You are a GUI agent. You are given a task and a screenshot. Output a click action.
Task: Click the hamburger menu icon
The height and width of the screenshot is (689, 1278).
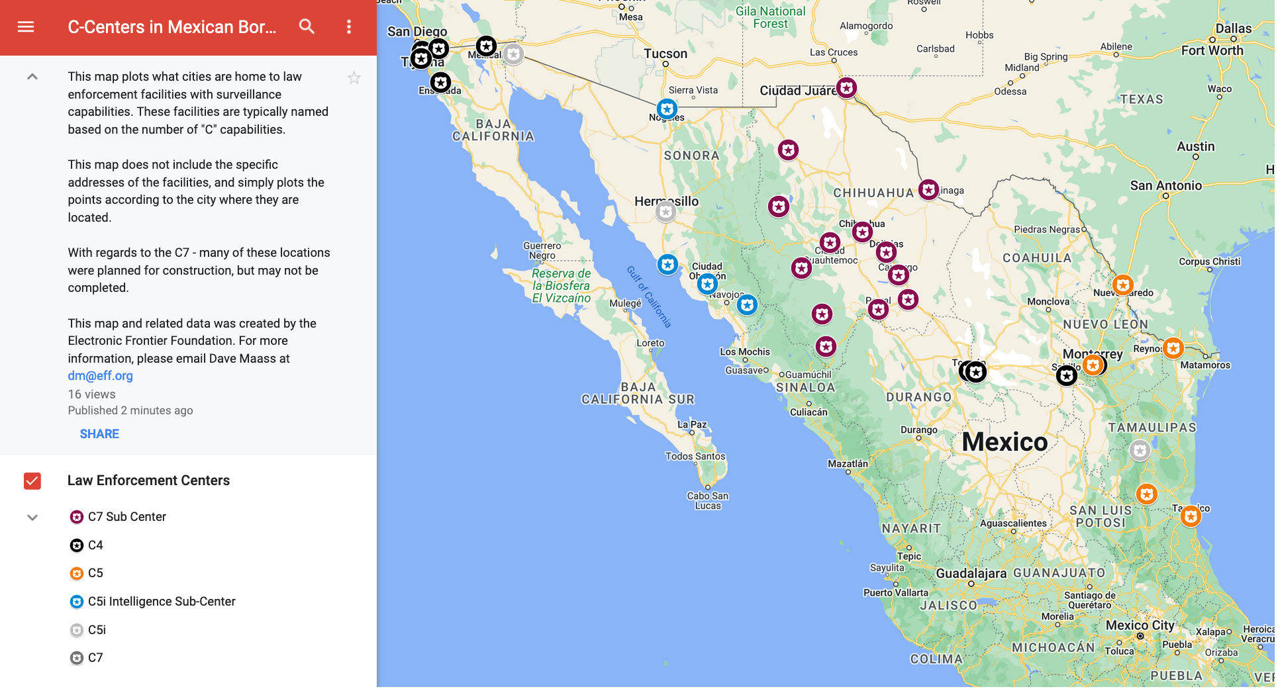pos(26,27)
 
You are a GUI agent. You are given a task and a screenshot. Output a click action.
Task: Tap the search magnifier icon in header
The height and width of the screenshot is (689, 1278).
pos(307,26)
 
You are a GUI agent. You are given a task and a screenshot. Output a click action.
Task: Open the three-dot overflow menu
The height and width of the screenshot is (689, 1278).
pos(349,26)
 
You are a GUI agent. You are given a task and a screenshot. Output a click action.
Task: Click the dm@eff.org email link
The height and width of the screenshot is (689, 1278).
pos(100,376)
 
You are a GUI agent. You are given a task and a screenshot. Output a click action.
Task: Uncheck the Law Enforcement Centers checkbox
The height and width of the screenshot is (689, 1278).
pos(32,481)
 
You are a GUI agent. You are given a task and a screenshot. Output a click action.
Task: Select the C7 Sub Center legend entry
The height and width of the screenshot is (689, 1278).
pos(126,517)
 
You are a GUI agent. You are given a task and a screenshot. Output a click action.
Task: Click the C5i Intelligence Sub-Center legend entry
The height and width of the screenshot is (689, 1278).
pos(161,602)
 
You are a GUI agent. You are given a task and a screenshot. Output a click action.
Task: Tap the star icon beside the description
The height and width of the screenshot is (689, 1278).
pos(354,78)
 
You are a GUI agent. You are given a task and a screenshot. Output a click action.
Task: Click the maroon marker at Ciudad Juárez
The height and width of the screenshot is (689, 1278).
pos(846,87)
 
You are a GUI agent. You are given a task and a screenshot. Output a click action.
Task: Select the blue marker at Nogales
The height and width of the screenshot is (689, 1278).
pos(667,109)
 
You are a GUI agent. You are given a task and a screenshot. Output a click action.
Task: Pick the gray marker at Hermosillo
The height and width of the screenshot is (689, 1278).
pos(665,212)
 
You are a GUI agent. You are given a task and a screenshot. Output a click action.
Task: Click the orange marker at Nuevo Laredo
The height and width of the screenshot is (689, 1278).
pos(1122,285)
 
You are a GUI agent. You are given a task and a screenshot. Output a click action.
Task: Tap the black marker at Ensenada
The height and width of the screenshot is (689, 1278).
pos(440,82)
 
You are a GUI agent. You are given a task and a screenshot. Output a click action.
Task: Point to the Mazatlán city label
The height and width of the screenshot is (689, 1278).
pos(848,464)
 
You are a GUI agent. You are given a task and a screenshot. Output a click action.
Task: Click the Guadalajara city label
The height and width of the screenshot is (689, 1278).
pos(971,573)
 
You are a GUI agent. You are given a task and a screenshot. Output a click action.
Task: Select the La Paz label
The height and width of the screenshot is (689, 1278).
pos(692,424)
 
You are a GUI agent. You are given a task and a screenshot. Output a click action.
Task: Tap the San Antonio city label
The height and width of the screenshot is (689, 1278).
pos(1165,186)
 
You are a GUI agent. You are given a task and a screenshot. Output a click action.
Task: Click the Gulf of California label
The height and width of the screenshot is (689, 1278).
pos(649,296)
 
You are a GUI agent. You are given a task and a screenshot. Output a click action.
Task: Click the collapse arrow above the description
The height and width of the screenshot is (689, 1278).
pos(32,77)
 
